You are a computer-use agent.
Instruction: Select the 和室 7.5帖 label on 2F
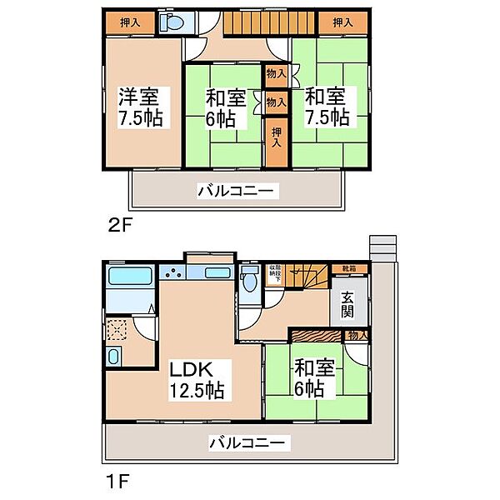(327, 107)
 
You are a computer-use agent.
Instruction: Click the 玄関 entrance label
(347, 307)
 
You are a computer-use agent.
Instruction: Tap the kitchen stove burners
(174, 272)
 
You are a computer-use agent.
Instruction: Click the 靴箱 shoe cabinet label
(347, 268)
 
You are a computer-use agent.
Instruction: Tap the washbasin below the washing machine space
(115, 359)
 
